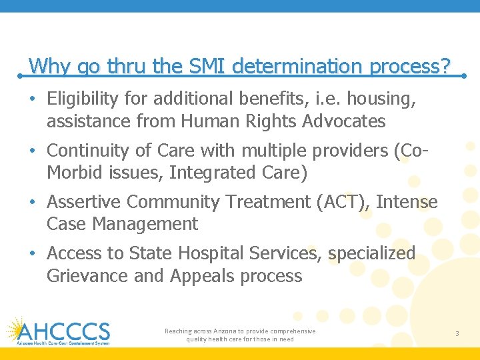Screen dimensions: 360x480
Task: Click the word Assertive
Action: pyautogui.click(x=85, y=201)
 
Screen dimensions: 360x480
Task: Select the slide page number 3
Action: pyautogui.click(x=457, y=333)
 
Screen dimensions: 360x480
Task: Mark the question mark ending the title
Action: pyautogui.click(x=445, y=66)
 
